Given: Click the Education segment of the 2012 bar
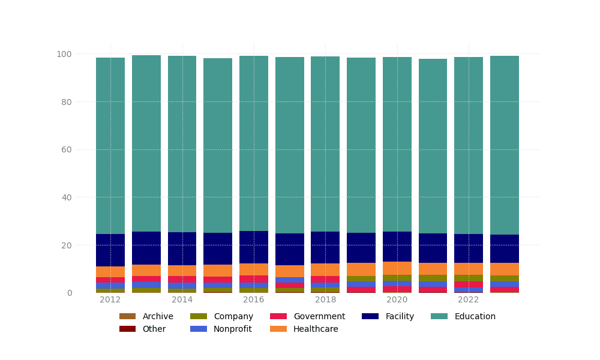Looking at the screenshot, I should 110,146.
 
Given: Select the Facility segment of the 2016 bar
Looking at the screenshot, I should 254,247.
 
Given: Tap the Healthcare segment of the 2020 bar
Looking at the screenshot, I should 397,268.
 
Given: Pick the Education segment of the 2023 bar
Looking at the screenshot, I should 504,145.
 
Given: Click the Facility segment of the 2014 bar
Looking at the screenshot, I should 182,248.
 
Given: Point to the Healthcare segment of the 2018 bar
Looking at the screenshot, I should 325,269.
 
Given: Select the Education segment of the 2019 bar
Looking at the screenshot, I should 361,145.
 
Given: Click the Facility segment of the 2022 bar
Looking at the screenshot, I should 468,248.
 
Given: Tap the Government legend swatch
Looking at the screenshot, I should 278,316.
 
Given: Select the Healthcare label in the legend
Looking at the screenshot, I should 315,329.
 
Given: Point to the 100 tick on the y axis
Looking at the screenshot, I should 64,54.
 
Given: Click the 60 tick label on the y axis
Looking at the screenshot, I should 66,149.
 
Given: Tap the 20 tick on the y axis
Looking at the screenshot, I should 66,245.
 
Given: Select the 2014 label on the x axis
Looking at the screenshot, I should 182,300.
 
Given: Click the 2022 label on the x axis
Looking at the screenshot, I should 468,300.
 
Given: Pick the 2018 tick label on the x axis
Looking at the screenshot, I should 325,300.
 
